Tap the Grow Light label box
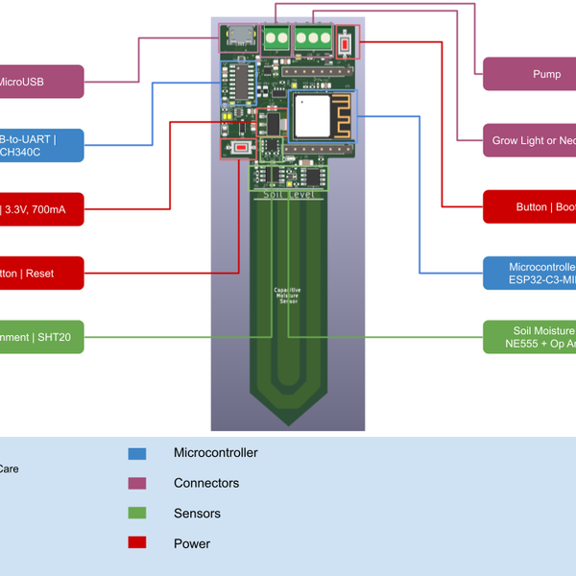tap(529, 140)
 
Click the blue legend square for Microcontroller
tap(137, 453)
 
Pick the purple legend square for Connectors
tap(137, 483)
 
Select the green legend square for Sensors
tap(137, 514)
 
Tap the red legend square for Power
tap(137, 543)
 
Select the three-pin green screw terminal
tap(311, 38)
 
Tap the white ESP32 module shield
tap(312, 117)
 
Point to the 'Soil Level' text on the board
tap(287, 193)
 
